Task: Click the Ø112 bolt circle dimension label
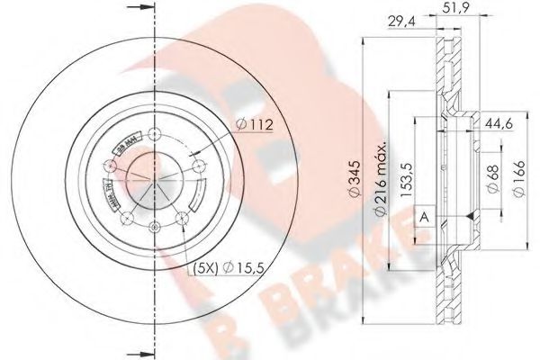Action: click(x=255, y=125)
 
